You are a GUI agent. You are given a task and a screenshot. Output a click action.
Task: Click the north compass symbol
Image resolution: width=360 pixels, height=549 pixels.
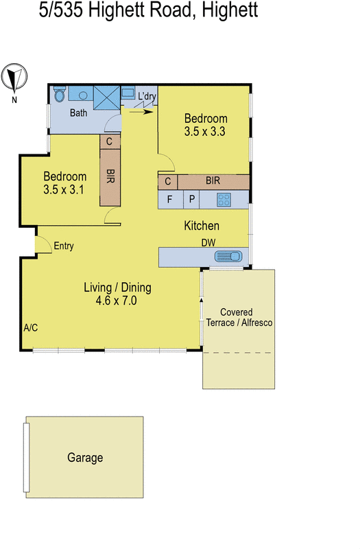pyautogui.click(x=14, y=79)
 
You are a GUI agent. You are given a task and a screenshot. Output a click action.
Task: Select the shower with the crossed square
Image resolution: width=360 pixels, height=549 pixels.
pyautogui.click(x=106, y=97)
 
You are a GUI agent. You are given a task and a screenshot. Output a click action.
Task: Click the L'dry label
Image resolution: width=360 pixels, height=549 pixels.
pyautogui.click(x=147, y=96)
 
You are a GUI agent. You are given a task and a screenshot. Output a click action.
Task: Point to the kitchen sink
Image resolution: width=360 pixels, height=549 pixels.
pyautogui.click(x=228, y=257)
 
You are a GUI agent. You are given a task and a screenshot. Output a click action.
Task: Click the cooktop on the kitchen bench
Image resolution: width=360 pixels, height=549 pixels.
pyautogui.click(x=224, y=200)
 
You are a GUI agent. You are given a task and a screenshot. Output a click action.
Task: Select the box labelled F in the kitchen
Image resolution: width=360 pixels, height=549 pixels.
pyautogui.click(x=169, y=200)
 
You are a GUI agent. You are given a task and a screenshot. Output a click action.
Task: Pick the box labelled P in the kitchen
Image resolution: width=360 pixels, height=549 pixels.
pyautogui.click(x=191, y=200)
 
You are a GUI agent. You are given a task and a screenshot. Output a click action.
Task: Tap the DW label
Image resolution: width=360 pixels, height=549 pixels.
pyautogui.click(x=208, y=243)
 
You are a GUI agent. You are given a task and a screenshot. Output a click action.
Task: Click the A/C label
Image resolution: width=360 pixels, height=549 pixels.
pyautogui.click(x=30, y=328)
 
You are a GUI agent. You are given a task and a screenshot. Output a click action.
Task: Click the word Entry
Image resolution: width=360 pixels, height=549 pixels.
pyautogui.click(x=64, y=246)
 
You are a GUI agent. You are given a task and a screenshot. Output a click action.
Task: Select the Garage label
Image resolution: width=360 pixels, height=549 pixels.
pyautogui.click(x=85, y=458)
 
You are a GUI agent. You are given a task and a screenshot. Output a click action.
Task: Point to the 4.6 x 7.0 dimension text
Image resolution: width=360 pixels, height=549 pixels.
pyautogui.click(x=117, y=300)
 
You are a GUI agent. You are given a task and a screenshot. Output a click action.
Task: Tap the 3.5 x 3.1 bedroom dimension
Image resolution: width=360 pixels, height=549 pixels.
pyautogui.click(x=63, y=190)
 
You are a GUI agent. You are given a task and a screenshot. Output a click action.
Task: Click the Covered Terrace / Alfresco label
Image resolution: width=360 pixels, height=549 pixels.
pyautogui.click(x=239, y=317)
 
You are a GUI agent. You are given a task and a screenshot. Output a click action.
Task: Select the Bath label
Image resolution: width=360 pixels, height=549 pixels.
pyautogui.click(x=77, y=113)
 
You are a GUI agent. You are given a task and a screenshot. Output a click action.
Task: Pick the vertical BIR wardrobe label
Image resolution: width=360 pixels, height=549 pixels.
pyautogui.click(x=110, y=176)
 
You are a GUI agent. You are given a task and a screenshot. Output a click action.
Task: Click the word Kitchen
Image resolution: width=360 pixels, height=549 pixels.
pyautogui.click(x=202, y=226)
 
